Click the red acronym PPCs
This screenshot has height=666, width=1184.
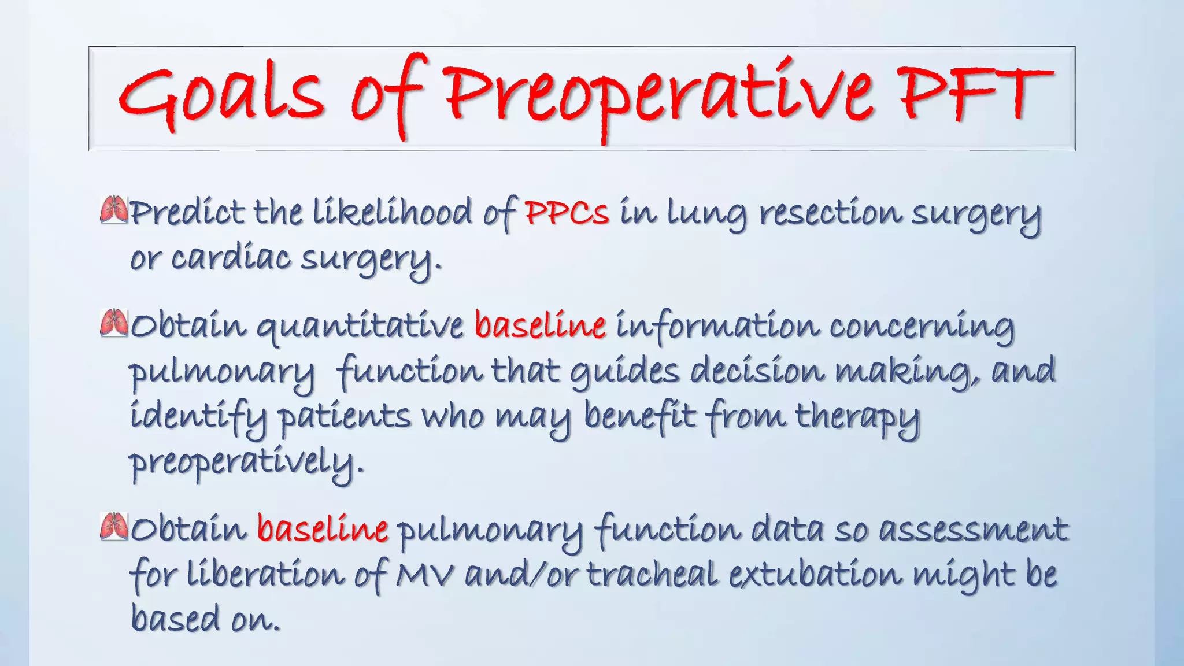point(567,213)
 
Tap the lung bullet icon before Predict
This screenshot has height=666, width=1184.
point(113,210)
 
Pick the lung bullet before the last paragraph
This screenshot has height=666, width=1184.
point(113,526)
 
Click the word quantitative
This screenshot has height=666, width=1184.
point(360,327)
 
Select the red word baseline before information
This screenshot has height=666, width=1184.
point(540,325)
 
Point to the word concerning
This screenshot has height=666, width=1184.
point(922,327)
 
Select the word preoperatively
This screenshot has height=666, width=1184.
point(245,462)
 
